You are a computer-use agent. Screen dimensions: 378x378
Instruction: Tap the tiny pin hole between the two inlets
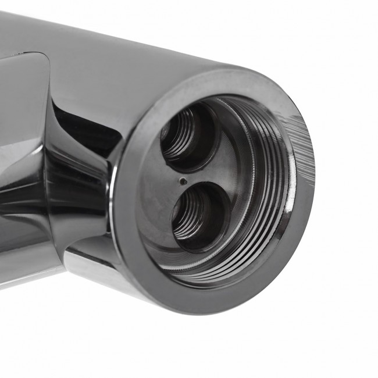click(x=183, y=181)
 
